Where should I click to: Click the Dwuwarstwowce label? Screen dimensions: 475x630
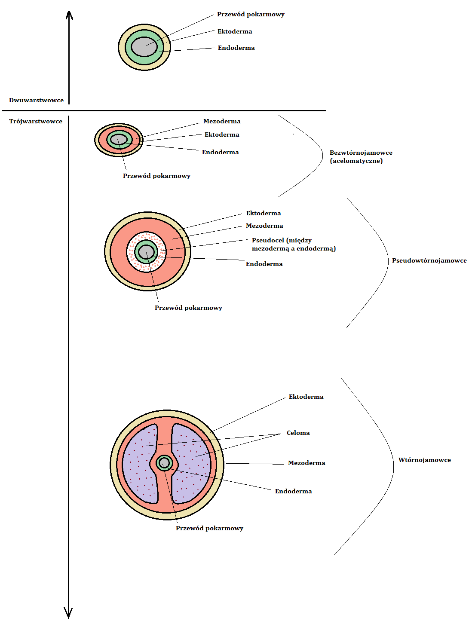click(x=36, y=100)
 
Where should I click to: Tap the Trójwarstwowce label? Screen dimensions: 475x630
click(x=36, y=121)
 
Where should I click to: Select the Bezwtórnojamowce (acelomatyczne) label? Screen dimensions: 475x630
click(x=361, y=156)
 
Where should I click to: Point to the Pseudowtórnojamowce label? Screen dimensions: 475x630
click(x=429, y=260)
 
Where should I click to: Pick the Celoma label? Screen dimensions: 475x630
click(x=298, y=433)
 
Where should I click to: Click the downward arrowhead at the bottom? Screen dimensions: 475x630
click(x=68, y=614)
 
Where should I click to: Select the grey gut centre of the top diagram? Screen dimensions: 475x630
click(x=144, y=47)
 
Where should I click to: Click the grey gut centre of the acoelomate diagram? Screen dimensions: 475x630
click(x=119, y=140)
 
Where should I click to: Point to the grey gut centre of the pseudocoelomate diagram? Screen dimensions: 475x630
click(x=147, y=252)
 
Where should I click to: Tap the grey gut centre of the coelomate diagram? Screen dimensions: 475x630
click(x=165, y=462)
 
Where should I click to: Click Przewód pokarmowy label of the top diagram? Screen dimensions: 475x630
click(x=251, y=14)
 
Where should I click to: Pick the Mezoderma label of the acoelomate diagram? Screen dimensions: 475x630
click(x=222, y=121)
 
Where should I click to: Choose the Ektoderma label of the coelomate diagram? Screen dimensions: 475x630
click(x=306, y=397)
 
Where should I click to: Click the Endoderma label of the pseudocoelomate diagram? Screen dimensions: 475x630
click(x=264, y=264)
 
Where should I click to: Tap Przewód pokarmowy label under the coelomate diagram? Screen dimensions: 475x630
click(x=209, y=528)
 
